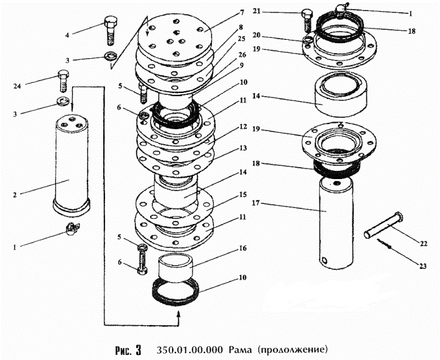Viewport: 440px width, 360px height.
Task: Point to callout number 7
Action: click(x=223, y=13)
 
